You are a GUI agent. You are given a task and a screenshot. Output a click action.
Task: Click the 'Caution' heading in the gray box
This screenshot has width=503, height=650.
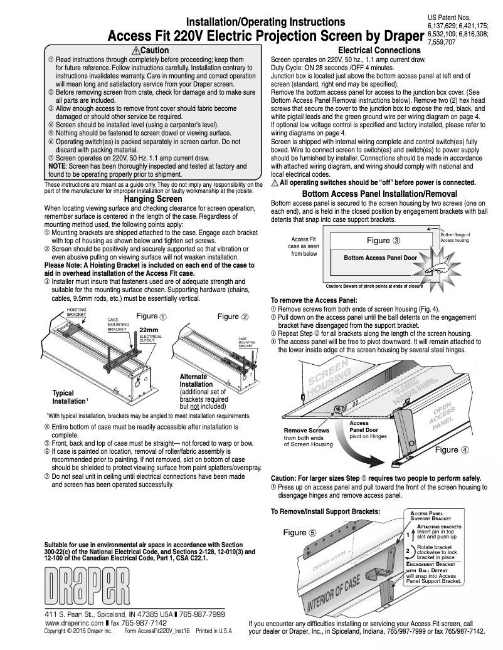coord(151,50)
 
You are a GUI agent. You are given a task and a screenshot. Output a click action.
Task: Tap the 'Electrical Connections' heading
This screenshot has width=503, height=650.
coord(379,50)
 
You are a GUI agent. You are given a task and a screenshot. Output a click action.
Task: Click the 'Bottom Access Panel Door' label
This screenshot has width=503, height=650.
coord(380,258)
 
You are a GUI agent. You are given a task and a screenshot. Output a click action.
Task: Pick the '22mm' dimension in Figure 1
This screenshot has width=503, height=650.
coord(148,330)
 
